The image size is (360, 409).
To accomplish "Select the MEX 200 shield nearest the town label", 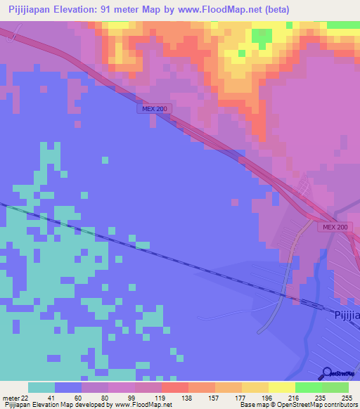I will tap(336, 227).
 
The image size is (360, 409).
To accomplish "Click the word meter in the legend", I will tap(10, 398).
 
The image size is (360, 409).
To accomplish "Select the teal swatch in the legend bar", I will tap(41, 387).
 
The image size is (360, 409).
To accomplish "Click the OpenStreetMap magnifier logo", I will tap(328, 374).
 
